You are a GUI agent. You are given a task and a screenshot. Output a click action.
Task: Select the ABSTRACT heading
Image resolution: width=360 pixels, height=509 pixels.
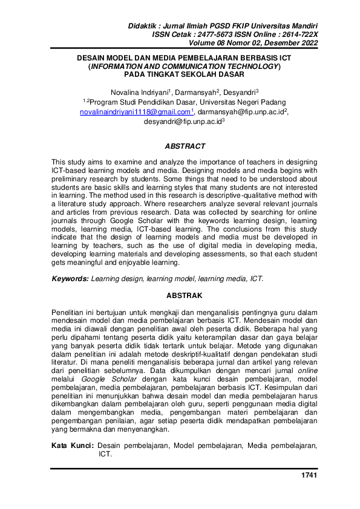point(185,146)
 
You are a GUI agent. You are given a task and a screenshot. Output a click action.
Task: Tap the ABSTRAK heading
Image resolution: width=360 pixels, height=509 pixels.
point(185,296)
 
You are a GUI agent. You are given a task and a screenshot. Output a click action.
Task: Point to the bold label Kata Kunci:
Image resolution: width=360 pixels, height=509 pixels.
point(73,445)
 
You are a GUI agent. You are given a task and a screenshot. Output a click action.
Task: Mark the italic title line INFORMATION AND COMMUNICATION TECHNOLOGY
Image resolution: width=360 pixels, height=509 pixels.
point(183,67)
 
